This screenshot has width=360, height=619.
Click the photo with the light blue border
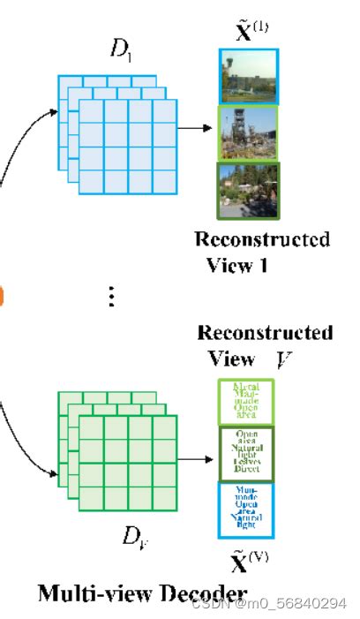[249, 75]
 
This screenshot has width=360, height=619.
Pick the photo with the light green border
[249, 132]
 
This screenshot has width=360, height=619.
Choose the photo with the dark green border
[249, 191]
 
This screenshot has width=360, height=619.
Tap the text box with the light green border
[246, 402]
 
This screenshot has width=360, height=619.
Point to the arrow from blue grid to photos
[196, 128]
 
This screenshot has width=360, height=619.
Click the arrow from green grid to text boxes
[197, 454]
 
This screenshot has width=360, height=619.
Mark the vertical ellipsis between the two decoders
[111, 297]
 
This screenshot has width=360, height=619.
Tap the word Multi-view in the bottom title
[97, 593]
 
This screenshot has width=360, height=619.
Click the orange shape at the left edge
[2, 296]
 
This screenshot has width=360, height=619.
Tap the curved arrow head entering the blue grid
[61, 112]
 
